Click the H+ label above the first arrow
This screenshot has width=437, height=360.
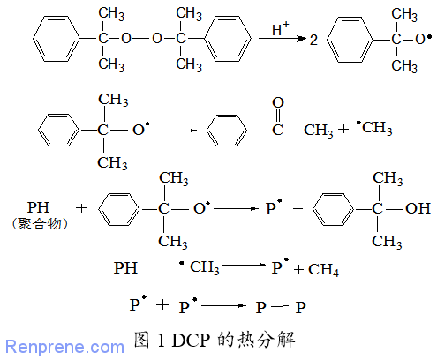click(x=281, y=29)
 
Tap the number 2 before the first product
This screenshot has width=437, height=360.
click(x=313, y=40)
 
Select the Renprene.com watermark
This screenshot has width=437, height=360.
click(x=64, y=347)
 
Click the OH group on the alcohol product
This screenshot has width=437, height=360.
click(x=418, y=208)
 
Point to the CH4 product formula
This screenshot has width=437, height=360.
click(x=323, y=269)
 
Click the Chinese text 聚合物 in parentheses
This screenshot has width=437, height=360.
click(x=40, y=224)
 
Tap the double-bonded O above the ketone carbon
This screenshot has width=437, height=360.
click(x=278, y=102)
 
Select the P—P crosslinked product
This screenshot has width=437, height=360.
click(x=281, y=307)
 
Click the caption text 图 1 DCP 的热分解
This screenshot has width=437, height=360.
click(x=215, y=340)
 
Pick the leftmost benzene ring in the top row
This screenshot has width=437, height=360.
click(x=57, y=39)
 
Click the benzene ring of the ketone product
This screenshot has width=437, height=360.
click(x=227, y=131)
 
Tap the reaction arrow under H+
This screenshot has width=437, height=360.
click(x=282, y=39)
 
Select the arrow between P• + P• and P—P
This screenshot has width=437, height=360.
click(x=223, y=306)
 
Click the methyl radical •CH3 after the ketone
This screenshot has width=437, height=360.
click(x=374, y=128)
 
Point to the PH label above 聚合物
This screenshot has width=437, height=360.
click(x=38, y=207)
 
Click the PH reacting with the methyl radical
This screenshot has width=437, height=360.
click(x=125, y=268)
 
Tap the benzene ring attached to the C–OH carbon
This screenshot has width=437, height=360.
click(x=334, y=209)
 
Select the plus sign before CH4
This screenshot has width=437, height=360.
click(x=298, y=269)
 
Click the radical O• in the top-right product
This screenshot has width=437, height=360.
click(x=424, y=39)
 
